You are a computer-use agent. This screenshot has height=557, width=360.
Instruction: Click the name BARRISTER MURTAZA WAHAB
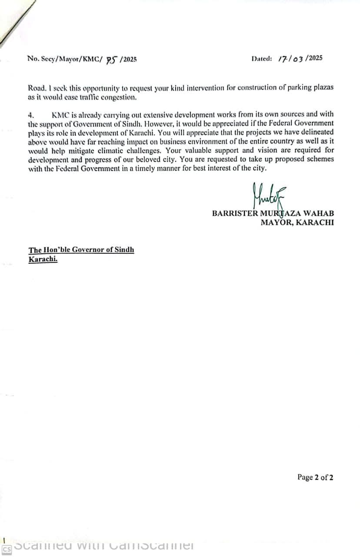(273, 213)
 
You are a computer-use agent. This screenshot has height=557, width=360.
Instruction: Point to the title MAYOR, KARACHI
(297, 222)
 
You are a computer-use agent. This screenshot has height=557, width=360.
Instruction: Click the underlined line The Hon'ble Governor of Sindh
(81, 250)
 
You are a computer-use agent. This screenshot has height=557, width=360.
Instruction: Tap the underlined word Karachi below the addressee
(43, 258)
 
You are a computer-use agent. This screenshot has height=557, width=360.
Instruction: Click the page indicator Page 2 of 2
(315, 477)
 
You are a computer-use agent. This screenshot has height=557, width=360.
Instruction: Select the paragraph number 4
(31, 115)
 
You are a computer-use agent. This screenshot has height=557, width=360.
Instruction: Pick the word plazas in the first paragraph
(322, 87)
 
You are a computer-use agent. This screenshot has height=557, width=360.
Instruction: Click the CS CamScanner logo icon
(7, 547)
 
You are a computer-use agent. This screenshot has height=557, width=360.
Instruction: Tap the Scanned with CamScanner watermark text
(104, 545)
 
